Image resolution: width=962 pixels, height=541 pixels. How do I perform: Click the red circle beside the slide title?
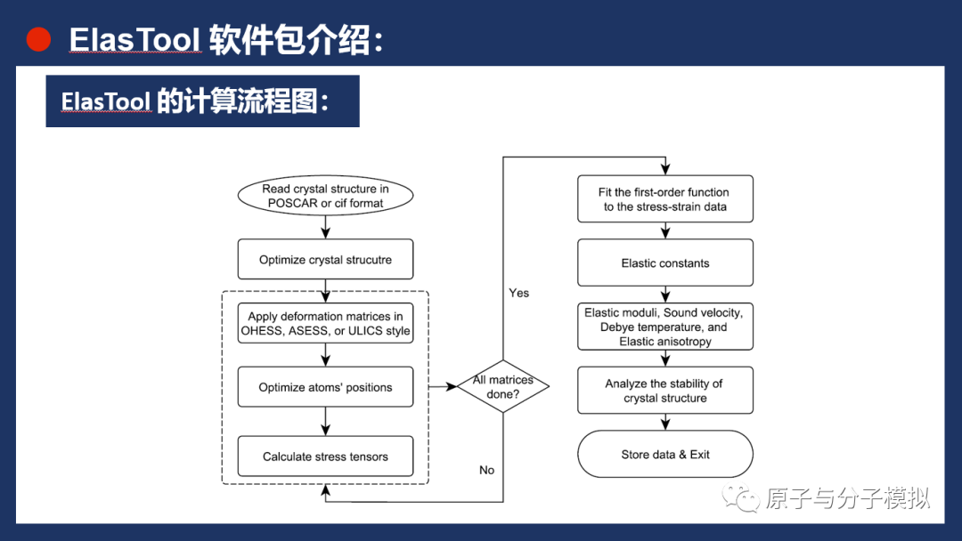pyautogui.click(x=38, y=39)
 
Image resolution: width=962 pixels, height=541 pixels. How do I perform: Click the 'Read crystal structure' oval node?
pyautogui.click(x=325, y=196)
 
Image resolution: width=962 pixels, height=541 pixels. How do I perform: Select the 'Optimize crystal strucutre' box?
pyautogui.click(x=325, y=260)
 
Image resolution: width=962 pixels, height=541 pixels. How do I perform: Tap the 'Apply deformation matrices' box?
pyautogui.click(x=325, y=324)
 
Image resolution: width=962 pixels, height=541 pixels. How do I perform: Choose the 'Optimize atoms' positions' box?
pyautogui.click(x=325, y=387)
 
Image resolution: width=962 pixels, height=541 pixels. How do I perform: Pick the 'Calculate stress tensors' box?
pyautogui.click(x=325, y=456)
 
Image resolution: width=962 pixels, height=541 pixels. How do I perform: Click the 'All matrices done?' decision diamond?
pyautogui.click(x=503, y=386)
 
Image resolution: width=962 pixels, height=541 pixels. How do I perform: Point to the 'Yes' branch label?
pyautogui.click(x=518, y=293)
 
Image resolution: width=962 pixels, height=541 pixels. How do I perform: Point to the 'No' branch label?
pyautogui.click(x=486, y=470)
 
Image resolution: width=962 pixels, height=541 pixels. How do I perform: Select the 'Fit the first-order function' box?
pyautogui.click(x=665, y=199)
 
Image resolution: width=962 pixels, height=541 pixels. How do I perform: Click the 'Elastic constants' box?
pyautogui.click(x=665, y=263)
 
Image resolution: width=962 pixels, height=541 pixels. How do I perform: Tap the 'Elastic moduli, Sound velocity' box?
pyautogui.click(x=665, y=327)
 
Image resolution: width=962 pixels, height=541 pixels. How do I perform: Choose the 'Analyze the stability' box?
pyautogui.click(x=665, y=391)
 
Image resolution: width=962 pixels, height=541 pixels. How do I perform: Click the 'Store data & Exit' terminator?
pyautogui.click(x=665, y=455)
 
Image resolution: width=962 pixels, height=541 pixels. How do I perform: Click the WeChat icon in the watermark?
pyautogui.click(x=741, y=498)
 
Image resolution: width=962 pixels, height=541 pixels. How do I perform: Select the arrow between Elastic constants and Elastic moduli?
pyautogui.click(x=665, y=295)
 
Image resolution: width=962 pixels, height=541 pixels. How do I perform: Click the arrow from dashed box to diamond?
pyautogui.click(x=443, y=386)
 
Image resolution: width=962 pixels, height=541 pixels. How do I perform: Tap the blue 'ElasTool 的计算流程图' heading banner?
pyautogui.click(x=202, y=101)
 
